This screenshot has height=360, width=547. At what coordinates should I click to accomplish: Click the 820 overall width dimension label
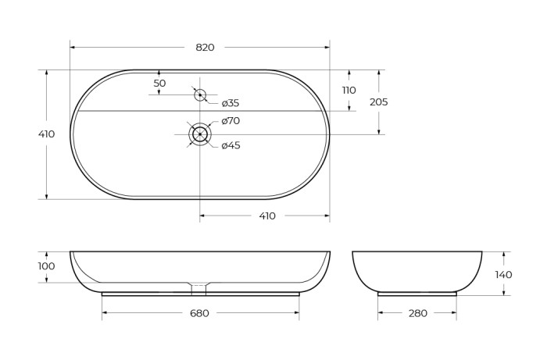pos(204,48)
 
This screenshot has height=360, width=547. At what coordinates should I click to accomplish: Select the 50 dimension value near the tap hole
pos(159,83)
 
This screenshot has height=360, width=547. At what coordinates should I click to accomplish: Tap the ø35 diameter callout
pos(230,103)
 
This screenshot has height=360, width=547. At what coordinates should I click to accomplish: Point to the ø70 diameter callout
pos(230,121)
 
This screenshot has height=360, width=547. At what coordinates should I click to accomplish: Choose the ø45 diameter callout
pos(230,145)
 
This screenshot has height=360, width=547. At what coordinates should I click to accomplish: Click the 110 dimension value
pos(349,90)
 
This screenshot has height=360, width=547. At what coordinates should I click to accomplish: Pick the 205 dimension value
pos(379,102)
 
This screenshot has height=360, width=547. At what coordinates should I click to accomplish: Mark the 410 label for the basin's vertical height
pos(47,134)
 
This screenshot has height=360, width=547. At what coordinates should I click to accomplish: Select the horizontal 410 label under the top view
pos(266,216)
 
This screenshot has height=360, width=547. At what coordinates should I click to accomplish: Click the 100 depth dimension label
pos(47,266)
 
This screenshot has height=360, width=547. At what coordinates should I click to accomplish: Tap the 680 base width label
pos(200,313)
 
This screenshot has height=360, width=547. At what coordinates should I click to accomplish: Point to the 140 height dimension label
pos(504,274)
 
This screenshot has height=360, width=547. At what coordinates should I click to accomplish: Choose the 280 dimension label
pos(417,313)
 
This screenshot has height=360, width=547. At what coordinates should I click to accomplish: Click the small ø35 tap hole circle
pos(200,95)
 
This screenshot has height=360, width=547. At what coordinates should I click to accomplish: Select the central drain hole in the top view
pos(200,134)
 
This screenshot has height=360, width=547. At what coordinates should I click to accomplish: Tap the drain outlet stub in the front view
pos(200,288)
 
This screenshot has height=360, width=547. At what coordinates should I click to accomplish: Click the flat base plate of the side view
pos(417,294)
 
